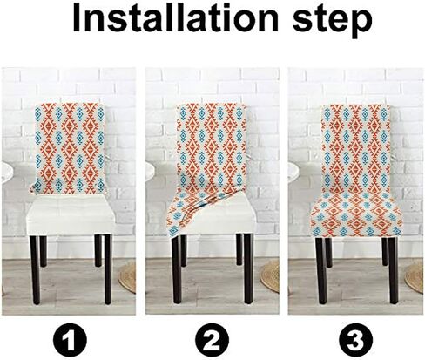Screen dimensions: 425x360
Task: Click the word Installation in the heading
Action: [175, 18]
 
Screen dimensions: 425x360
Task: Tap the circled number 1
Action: [70, 340]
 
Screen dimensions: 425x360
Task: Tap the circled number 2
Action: [212, 340]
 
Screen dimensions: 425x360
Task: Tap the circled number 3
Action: [356, 340]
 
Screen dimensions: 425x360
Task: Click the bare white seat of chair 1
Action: [71, 215]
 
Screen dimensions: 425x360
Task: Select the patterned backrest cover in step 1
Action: [69, 148]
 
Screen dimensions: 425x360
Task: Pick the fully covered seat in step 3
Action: [356, 215]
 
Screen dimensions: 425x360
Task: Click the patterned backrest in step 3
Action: [356, 146]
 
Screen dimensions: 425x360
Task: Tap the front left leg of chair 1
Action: [35, 269]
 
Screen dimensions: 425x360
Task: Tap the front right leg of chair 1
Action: [108, 269]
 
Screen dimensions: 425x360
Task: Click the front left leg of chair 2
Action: [177, 269]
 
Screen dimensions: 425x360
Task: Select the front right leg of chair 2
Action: [248, 268]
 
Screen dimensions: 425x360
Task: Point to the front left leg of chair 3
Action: [321, 270]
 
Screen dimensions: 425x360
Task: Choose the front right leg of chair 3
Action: [394, 270]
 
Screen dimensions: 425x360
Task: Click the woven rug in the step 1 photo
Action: [128, 276]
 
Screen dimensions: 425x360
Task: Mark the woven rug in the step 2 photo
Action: [270, 275]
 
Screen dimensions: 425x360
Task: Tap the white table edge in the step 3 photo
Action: [293, 172]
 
